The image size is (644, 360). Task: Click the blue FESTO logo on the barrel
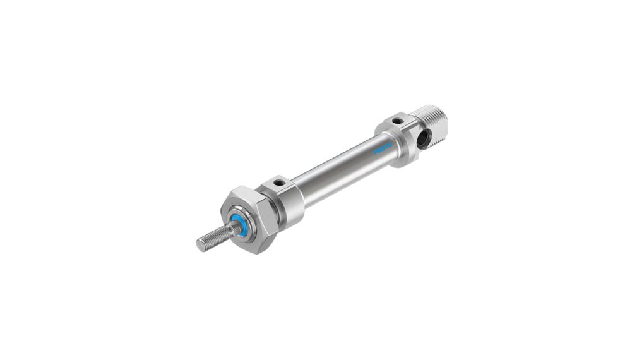(x=383, y=150)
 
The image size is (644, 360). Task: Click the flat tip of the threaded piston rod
(x=200, y=245)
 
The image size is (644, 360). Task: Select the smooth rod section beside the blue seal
(x=229, y=231)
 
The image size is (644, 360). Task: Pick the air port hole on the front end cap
(x=278, y=183)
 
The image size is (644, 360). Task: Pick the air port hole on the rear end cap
(x=396, y=121)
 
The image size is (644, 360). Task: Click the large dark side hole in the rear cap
(x=422, y=138)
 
